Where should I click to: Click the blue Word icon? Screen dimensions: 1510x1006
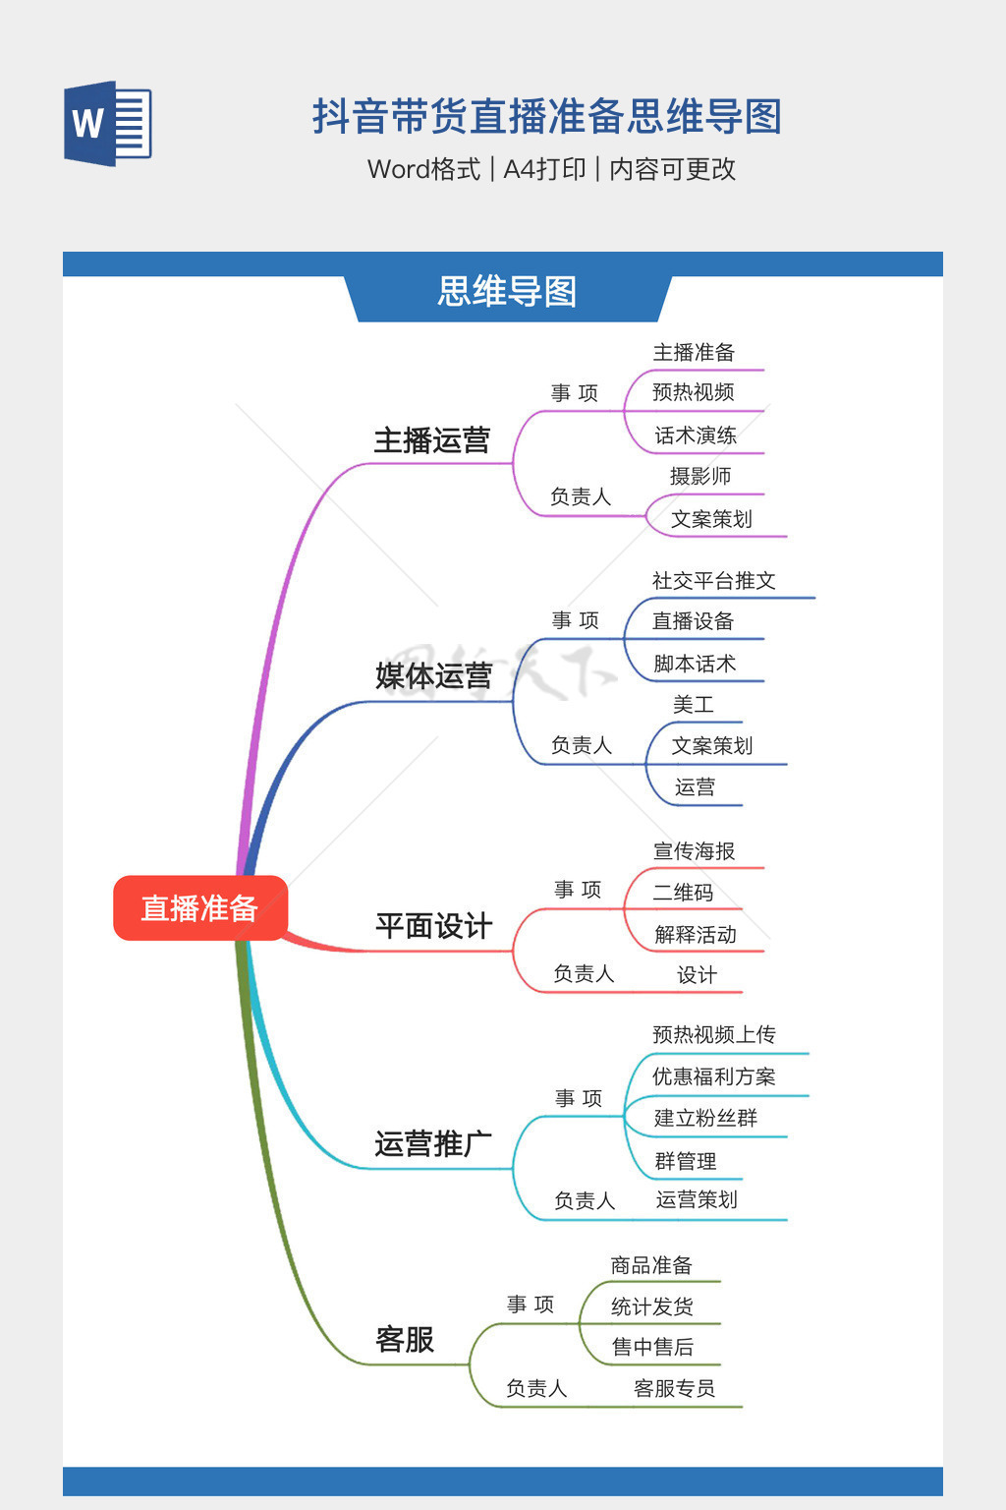[x=107, y=123]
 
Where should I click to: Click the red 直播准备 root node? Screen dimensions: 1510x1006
[x=199, y=907]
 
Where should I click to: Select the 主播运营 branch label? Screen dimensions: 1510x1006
[x=431, y=440]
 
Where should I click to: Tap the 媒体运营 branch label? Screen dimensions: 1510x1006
[x=433, y=676]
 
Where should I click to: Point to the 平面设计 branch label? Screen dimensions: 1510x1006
[x=433, y=926]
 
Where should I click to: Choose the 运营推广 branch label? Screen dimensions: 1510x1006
[x=432, y=1144]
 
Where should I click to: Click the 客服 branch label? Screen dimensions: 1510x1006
[x=404, y=1340]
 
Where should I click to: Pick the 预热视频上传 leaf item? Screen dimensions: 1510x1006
[x=713, y=1034]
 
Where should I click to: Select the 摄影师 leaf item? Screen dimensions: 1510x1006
[x=699, y=477]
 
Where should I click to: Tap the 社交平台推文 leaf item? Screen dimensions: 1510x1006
[x=713, y=581]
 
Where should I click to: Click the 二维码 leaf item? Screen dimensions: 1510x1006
[x=683, y=893]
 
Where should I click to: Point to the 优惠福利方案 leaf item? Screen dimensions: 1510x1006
[x=713, y=1076]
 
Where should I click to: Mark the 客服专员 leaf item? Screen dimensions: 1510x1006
[x=674, y=1388]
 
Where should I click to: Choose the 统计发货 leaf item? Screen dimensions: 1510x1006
[x=651, y=1307]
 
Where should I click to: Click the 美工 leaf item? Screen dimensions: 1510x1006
[x=693, y=705]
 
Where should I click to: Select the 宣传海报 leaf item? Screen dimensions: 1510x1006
[x=694, y=851]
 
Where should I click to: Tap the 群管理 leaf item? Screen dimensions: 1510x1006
[x=685, y=1161]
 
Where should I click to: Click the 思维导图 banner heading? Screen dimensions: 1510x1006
[x=507, y=292]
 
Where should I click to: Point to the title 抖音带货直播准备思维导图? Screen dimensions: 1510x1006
[x=546, y=117]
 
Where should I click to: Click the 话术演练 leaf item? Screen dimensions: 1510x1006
[x=695, y=436]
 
